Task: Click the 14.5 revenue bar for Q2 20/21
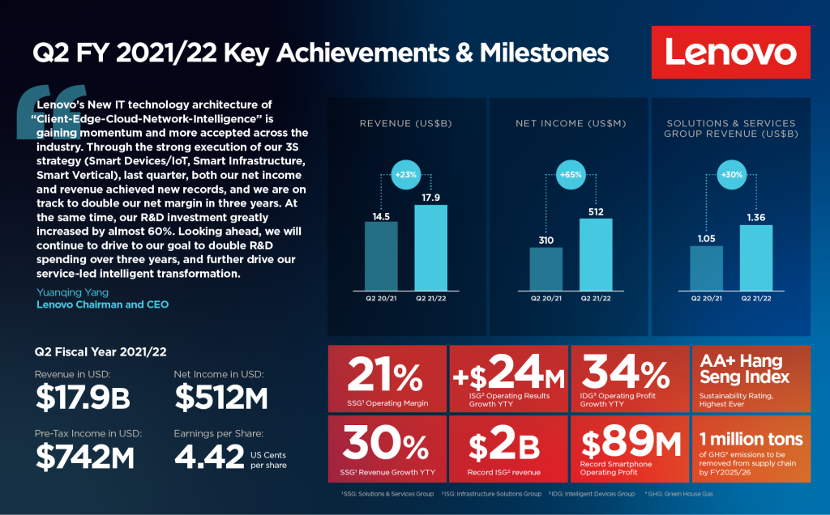coord(381,257)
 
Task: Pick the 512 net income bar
coord(596,255)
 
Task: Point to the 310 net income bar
coord(545,270)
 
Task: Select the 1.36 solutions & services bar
coord(756,257)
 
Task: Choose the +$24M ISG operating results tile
coord(507,379)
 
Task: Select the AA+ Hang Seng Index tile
coord(751,379)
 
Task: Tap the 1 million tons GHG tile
coord(751,449)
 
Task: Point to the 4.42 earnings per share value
coord(209,458)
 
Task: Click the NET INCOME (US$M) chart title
coord(568,124)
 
